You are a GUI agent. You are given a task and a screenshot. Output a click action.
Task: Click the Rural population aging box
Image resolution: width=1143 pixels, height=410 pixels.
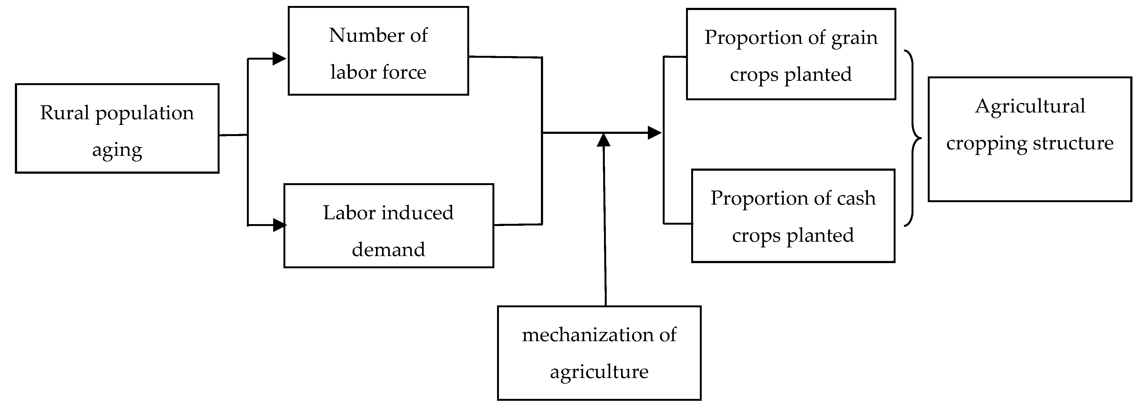117,128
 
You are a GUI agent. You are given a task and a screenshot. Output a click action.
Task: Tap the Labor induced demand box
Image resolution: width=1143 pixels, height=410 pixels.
389,226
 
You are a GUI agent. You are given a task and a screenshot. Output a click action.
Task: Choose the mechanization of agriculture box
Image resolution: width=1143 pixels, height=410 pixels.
599,353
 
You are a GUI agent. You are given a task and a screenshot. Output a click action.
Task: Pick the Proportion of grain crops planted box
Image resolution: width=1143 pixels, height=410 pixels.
791,54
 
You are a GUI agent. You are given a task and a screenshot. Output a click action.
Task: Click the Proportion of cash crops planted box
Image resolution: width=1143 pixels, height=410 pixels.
793,216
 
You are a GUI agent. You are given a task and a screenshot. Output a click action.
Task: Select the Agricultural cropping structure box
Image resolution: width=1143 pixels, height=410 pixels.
1030,139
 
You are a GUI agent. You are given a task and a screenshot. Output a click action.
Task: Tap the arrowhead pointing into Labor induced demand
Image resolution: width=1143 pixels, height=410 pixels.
280,225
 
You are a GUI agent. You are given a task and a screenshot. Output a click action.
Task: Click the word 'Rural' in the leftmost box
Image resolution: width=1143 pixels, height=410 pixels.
65,113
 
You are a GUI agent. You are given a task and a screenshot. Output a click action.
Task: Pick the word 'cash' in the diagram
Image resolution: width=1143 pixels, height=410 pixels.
856,199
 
